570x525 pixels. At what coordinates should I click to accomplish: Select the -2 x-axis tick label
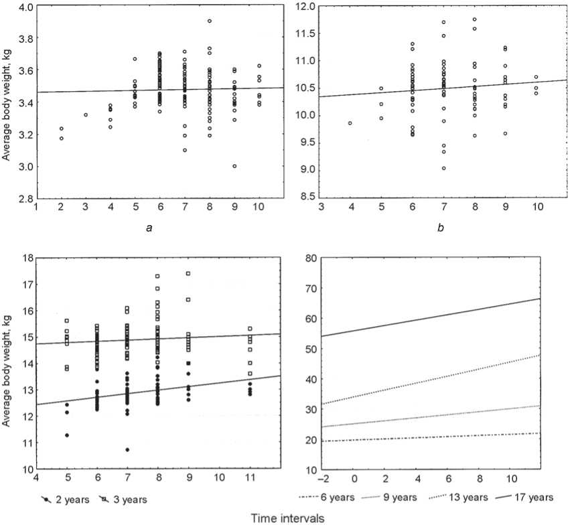click(x=324, y=479)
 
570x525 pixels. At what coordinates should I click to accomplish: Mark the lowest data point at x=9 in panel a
click(x=234, y=166)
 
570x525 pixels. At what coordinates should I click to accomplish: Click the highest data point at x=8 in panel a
click(x=209, y=21)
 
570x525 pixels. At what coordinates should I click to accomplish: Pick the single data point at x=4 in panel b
click(x=350, y=123)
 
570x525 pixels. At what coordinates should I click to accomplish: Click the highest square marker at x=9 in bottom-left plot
click(x=188, y=273)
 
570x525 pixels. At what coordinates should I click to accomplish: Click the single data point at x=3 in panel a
click(x=86, y=115)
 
